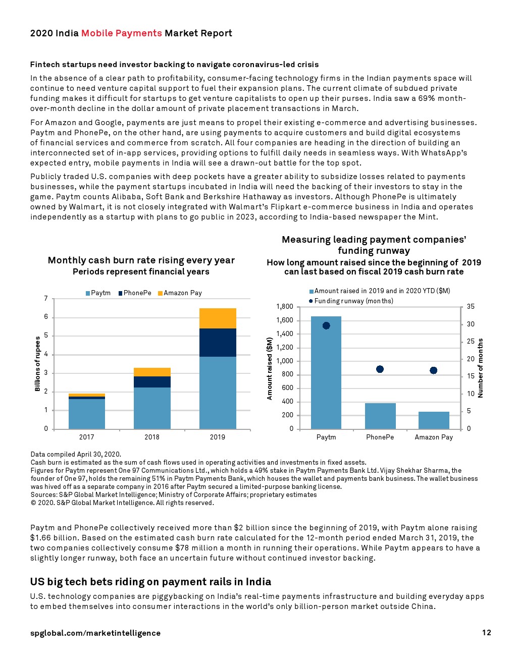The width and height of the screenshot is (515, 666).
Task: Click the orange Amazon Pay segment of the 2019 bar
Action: pyautogui.click(x=218, y=318)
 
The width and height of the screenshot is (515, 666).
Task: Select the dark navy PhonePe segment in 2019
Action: pyautogui.click(x=218, y=343)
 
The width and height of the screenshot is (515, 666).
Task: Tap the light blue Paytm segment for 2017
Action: pyautogui.click(x=87, y=414)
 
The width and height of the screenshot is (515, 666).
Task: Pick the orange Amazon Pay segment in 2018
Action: pyautogui.click(x=152, y=372)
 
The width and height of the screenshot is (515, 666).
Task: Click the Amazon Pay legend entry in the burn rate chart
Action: pyautogui.click(x=180, y=293)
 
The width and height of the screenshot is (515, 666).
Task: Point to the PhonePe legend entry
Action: pyautogui.click(x=135, y=293)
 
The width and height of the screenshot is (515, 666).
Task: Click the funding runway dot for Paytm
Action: pyautogui.click(x=326, y=326)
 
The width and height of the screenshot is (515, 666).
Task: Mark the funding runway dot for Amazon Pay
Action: pyautogui.click(x=433, y=370)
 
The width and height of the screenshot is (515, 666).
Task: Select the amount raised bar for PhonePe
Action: pyautogui.click(x=380, y=416)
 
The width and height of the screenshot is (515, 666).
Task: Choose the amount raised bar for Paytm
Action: pyautogui.click(x=326, y=372)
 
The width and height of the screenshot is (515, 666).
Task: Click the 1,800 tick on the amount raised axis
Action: pyautogui.click(x=285, y=307)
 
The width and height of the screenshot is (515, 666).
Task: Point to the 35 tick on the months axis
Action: pyautogui.click(x=471, y=307)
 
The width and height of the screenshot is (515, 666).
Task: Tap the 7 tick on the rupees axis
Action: pyautogui.click(x=46, y=299)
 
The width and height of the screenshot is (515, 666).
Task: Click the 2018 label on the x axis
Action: pyautogui.click(x=152, y=437)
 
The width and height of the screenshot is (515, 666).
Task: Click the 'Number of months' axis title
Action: pyautogui.click(x=481, y=368)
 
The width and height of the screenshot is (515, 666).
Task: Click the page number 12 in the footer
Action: pyautogui.click(x=486, y=633)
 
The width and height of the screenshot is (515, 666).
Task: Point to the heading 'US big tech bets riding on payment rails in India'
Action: pyautogui.click(x=150, y=582)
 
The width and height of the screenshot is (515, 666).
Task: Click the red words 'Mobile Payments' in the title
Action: pyautogui.click(x=122, y=33)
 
